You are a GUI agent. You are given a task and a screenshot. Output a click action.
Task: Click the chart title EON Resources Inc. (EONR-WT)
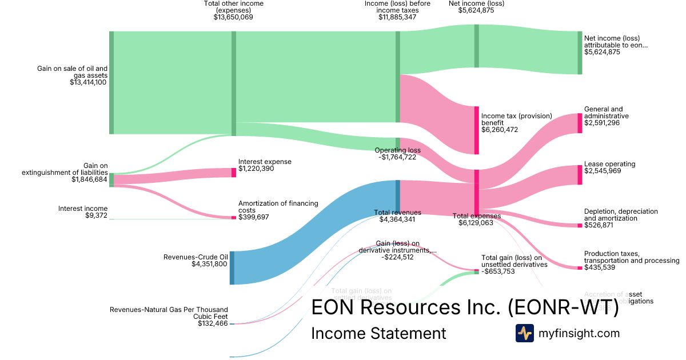[x=465, y=307]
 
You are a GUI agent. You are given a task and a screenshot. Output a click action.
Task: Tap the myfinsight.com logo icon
[x=524, y=333]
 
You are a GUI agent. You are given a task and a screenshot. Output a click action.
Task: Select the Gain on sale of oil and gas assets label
[x=73, y=71]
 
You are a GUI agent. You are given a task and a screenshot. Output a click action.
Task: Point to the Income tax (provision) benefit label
[x=517, y=119]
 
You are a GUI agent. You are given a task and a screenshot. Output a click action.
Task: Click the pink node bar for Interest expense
[x=233, y=172]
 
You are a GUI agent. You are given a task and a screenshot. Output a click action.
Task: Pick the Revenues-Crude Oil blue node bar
[x=232, y=267]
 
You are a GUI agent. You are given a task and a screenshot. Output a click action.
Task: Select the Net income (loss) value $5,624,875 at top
[x=477, y=10]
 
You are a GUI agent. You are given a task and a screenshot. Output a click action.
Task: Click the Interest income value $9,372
[x=94, y=215]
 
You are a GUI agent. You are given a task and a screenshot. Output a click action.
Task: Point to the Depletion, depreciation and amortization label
[x=621, y=215]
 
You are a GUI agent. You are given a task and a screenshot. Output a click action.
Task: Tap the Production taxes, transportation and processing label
[x=632, y=257]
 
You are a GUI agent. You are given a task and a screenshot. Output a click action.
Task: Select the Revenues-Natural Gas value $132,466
[x=213, y=323]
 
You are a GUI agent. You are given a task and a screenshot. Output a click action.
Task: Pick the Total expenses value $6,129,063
[x=476, y=223]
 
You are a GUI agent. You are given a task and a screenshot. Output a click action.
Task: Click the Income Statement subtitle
[x=378, y=333]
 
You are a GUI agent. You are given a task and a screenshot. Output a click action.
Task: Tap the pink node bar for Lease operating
[x=580, y=174]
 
